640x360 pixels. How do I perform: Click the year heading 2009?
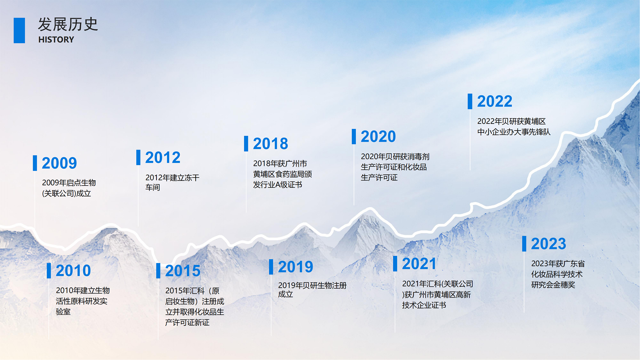click(59, 163)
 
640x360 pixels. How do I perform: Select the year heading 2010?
click(73, 271)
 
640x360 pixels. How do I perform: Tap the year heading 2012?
click(163, 157)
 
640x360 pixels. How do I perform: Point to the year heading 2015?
click(183, 271)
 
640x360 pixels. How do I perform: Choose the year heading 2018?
click(270, 144)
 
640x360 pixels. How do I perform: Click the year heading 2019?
click(295, 267)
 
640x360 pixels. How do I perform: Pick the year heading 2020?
click(378, 137)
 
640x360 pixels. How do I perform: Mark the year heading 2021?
click(419, 264)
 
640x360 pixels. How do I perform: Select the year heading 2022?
click(495, 101)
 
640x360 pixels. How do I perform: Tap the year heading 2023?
click(548, 244)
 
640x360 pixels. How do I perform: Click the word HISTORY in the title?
click(56, 40)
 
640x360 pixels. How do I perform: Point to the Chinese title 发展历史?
click(68, 24)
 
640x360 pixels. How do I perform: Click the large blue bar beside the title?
click(19, 30)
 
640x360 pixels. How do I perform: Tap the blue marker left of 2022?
click(470, 101)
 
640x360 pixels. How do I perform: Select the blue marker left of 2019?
click(271, 267)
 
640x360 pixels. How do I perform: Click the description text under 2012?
click(172, 182)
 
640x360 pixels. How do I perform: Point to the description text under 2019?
click(312, 290)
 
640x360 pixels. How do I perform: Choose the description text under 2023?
click(558, 274)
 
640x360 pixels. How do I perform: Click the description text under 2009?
click(69, 188)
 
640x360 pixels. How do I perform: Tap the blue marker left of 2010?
click(49, 271)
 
